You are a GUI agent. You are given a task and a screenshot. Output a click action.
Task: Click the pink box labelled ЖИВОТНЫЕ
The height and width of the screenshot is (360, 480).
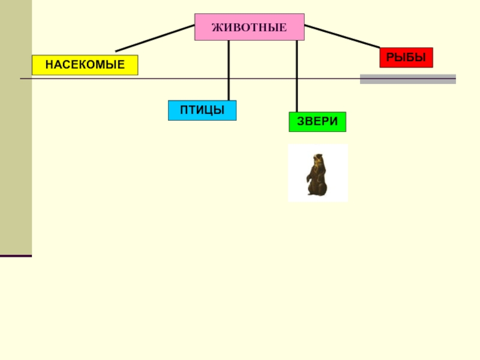point(249,27)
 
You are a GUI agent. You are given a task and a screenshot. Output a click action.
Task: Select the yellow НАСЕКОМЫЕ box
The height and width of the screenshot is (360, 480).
point(85,65)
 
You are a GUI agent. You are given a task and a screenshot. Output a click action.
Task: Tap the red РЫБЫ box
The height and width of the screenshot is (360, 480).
point(406,58)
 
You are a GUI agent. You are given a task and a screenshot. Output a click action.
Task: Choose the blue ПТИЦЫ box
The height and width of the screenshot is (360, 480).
point(202,110)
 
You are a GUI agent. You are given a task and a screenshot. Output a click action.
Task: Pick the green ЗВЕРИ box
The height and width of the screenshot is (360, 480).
point(317,122)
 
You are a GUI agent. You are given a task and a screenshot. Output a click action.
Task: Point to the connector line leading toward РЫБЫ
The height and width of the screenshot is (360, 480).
point(342,37)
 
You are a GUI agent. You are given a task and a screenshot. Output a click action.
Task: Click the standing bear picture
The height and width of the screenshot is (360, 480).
point(317,173)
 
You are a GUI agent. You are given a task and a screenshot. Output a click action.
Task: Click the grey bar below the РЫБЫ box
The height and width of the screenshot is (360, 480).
point(407,79)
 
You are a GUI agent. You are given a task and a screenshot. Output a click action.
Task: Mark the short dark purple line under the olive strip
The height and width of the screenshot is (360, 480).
point(16,256)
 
